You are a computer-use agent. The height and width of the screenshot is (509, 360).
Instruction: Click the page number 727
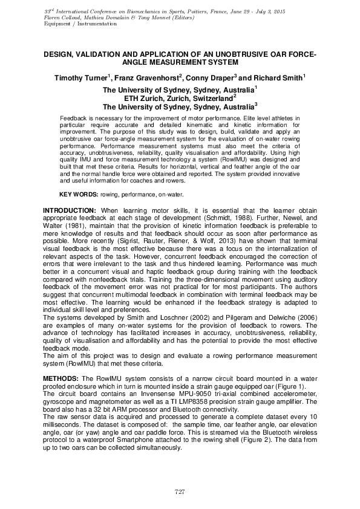pyautogui.click(x=179, y=491)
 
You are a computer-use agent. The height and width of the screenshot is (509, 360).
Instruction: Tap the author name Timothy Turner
pyautogui.click(x=80, y=78)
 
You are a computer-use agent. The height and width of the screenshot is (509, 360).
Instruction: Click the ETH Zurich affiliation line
pyautogui.click(x=180, y=97)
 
